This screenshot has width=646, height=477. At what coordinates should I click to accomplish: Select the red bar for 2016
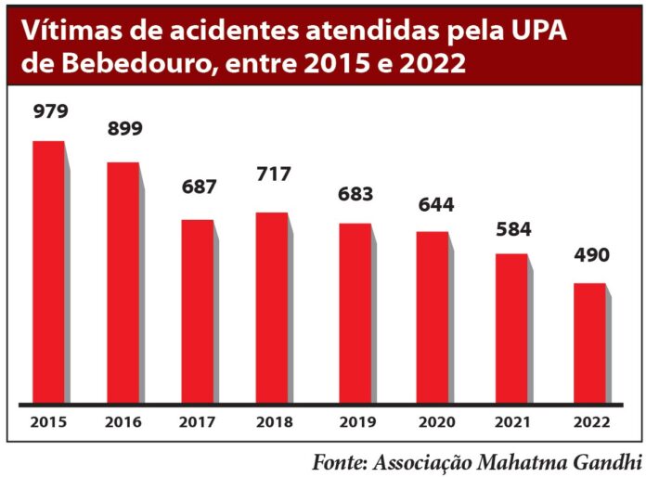click(x=123, y=283)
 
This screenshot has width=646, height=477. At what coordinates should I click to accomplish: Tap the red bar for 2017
click(x=197, y=312)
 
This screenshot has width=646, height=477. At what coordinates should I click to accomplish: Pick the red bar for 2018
click(x=272, y=308)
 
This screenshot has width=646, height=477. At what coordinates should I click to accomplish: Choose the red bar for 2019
click(x=355, y=314)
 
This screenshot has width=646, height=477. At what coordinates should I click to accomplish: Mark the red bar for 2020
click(x=433, y=317)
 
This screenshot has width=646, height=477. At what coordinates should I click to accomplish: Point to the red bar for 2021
click(x=511, y=329)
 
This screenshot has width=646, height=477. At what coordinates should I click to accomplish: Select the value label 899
click(x=123, y=129)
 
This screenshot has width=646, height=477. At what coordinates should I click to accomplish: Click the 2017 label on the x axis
click(x=197, y=422)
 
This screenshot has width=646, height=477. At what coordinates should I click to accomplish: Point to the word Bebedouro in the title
click(x=129, y=65)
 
